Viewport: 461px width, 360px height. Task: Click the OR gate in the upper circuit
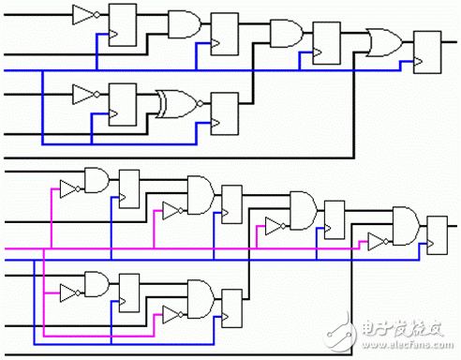pyautogui.click(x=383, y=42)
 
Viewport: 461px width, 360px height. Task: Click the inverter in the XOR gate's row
pyautogui.click(x=84, y=94)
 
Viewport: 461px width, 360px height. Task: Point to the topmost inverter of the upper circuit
pyautogui.click(x=84, y=14)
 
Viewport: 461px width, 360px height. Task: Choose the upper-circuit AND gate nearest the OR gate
pyautogui.click(x=283, y=34)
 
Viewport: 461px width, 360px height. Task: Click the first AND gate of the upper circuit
pyautogui.click(x=181, y=23)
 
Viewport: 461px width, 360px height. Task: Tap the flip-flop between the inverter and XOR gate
pyautogui.click(x=123, y=102)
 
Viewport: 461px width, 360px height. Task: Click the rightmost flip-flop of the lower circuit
pyautogui.click(x=438, y=234)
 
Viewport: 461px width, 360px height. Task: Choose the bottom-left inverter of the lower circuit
pyautogui.click(x=68, y=289)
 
